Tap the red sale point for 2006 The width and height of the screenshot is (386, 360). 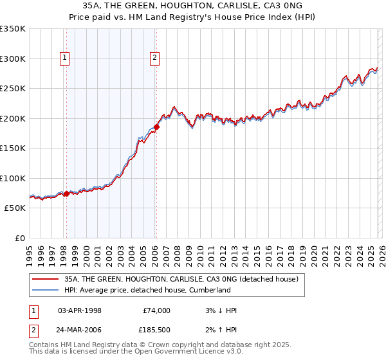point(156,127)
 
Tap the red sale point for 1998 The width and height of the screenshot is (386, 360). point(66,194)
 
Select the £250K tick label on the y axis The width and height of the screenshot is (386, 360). point(12,89)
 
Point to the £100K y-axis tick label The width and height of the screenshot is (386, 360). point(12,178)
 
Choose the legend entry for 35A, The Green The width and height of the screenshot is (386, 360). point(181,280)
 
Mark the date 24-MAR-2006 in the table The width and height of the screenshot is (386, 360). point(80,330)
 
